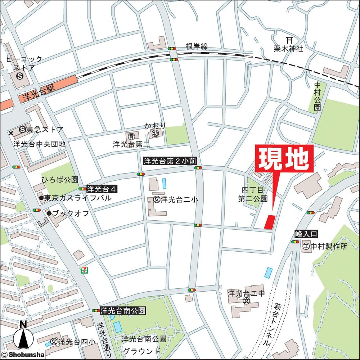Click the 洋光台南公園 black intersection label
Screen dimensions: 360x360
tap(123, 310)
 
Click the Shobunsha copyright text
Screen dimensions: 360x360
tap(22, 355)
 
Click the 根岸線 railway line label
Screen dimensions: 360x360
tap(197, 47)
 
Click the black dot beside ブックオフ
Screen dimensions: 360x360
tap(49, 213)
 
